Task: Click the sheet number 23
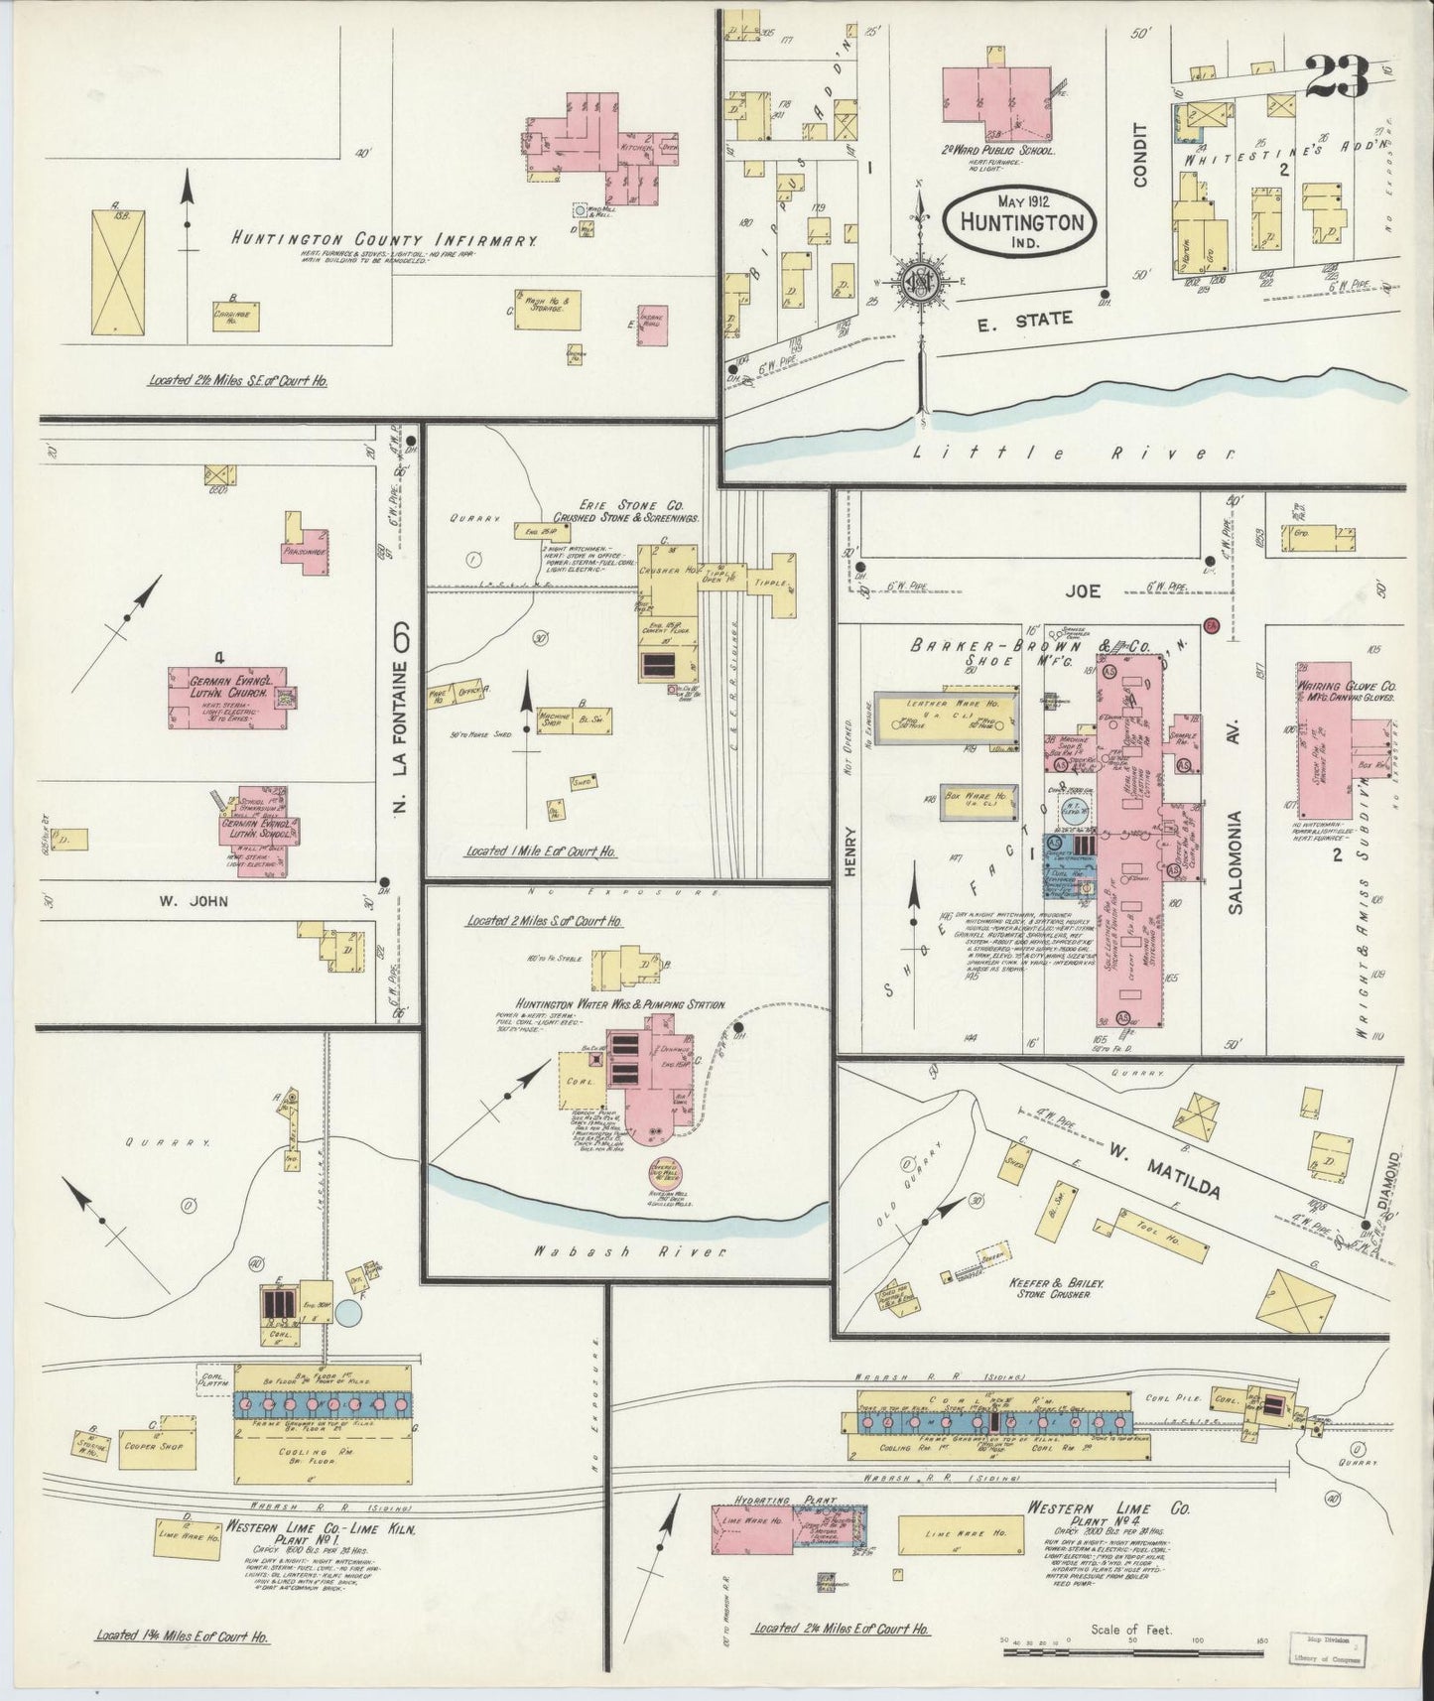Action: [x=1336, y=76]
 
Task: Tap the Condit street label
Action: [x=1140, y=155]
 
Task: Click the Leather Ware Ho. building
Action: [x=944, y=717]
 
